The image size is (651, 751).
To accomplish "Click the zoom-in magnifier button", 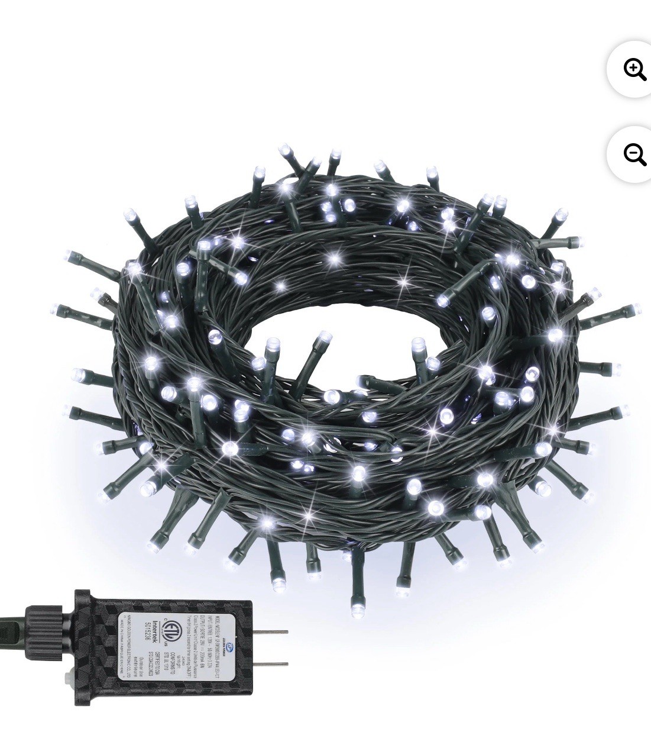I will [634, 69].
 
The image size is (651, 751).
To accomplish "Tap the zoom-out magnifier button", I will [634, 154].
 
